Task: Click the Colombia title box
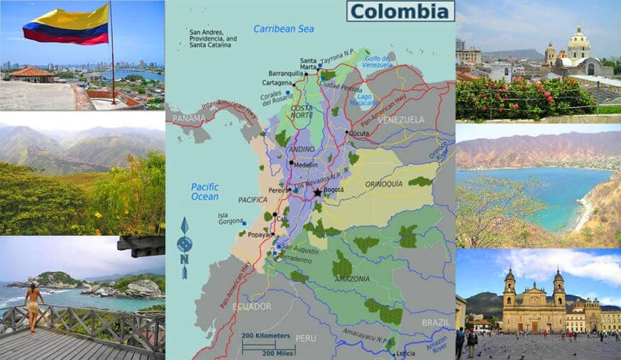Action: pos(400,11)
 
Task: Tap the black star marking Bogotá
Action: pos(317,192)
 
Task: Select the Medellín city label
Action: pos(304,165)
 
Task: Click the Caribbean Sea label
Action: pos(283,29)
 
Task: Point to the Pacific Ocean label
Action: pos(204,192)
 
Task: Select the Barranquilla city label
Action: pos(286,72)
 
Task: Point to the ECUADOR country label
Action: pos(252,306)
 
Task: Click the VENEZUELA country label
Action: pos(401,119)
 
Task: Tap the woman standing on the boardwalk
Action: pos(33,306)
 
